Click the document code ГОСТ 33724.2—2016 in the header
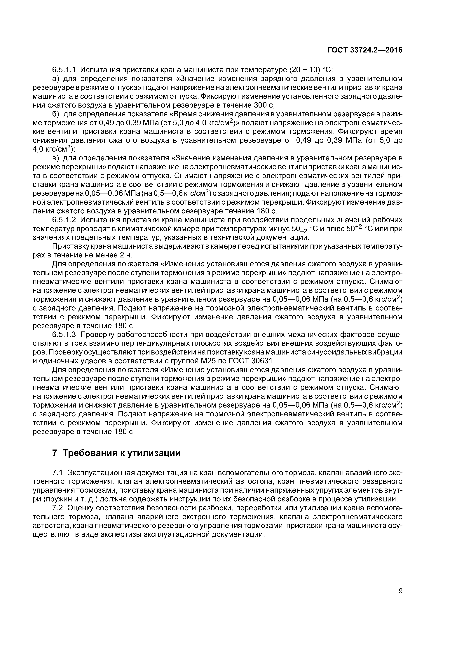click(x=365, y=50)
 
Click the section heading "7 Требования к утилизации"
click(x=116, y=453)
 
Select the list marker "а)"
click(x=56, y=78)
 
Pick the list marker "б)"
click(x=56, y=114)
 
